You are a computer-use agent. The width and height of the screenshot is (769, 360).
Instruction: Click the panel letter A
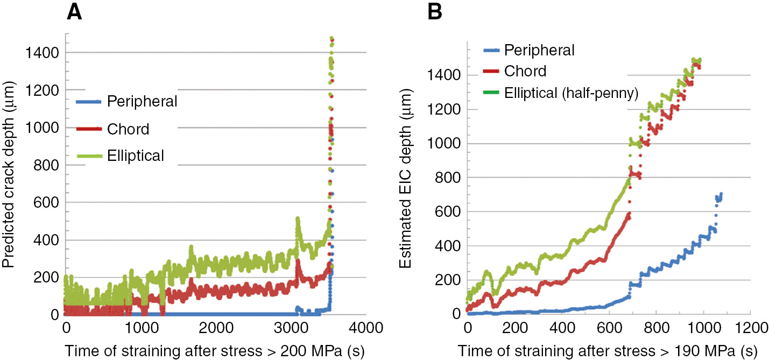[x=74, y=12]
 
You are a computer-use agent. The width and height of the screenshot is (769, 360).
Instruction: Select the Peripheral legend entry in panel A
[x=142, y=101]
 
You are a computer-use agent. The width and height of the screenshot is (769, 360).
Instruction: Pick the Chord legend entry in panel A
[x=128, y=129]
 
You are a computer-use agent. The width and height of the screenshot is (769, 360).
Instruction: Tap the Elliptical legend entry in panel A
[x=135, y=156]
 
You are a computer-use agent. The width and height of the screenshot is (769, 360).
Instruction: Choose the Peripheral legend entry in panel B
[x=540, y=50]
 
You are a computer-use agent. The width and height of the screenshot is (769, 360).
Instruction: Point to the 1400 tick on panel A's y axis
[x=42, y=53]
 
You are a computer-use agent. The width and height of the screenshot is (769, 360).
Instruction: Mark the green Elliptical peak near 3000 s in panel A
[x=297, y=218]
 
